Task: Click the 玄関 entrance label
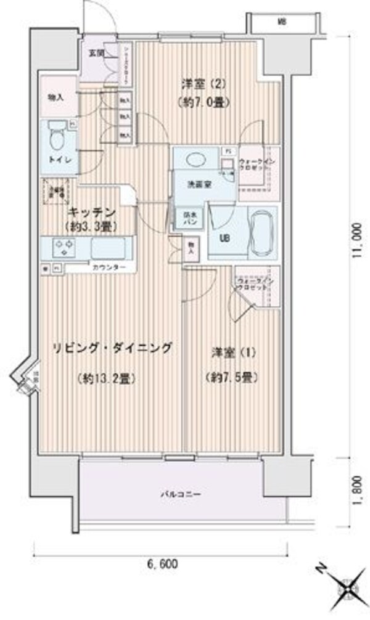tap(96, 54)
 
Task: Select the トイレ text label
tap(58, 160)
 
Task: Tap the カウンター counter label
tap(110, 267)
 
